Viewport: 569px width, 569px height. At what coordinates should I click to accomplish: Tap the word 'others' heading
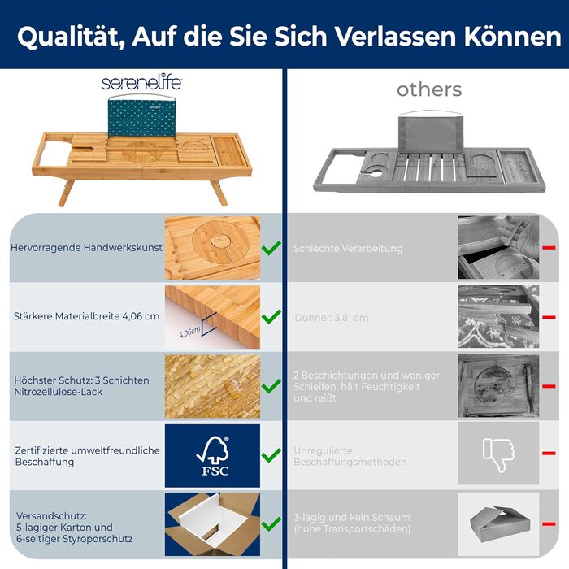(429, 89)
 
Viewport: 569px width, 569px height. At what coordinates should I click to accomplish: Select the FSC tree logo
(213, 455)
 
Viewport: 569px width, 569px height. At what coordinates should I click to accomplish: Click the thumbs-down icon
(498, 454)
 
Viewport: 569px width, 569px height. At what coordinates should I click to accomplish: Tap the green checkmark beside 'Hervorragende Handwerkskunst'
(271, 248)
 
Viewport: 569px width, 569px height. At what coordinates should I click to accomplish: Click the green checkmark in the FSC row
(271, 455)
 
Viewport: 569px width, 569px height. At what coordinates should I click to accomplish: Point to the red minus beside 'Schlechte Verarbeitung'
(549, 248)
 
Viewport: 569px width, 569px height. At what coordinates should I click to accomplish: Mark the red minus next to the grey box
(549, 524)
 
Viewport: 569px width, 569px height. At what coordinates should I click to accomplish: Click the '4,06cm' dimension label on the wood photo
(189, 332)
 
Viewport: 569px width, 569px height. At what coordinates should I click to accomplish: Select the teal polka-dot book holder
(142, 118)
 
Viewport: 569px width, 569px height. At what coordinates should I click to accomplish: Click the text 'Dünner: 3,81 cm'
(332, 318)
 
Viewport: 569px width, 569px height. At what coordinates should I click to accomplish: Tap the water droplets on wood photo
(212, 386)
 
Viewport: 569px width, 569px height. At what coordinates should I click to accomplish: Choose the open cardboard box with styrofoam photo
(212, 524)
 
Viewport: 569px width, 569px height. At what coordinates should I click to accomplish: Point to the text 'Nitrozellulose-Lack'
(58, 392)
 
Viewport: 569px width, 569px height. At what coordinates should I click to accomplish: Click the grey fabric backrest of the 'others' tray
(430, 133)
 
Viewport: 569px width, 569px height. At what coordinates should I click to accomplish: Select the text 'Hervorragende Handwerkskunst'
(86, 247)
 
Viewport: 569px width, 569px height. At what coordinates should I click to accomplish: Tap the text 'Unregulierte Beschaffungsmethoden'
(350, 456)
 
